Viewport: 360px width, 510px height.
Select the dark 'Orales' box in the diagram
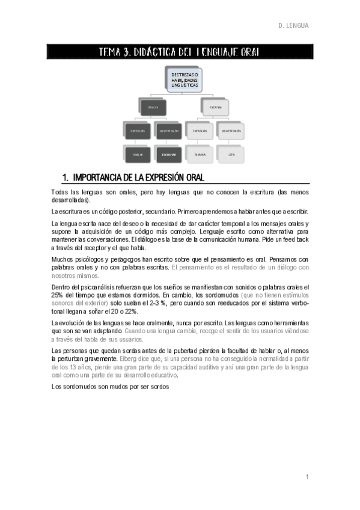[x=153, y=107]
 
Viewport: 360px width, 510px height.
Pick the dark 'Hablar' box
[x=138, y=154]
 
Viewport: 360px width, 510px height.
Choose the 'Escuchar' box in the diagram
[x=168, y=154]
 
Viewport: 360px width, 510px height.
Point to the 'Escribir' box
[x=200, y=154]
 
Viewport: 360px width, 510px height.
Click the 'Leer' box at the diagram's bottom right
[x=231, y=154]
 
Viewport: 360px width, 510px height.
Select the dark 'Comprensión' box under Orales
[x=168, y=131]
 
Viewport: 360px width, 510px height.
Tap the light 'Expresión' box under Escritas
[x=200, y=131]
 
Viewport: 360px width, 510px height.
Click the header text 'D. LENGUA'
[x=293, y=26]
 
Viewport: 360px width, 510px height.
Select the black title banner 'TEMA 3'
[x=180, y=52]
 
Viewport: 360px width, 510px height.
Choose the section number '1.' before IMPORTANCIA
[x=66, y=177]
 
